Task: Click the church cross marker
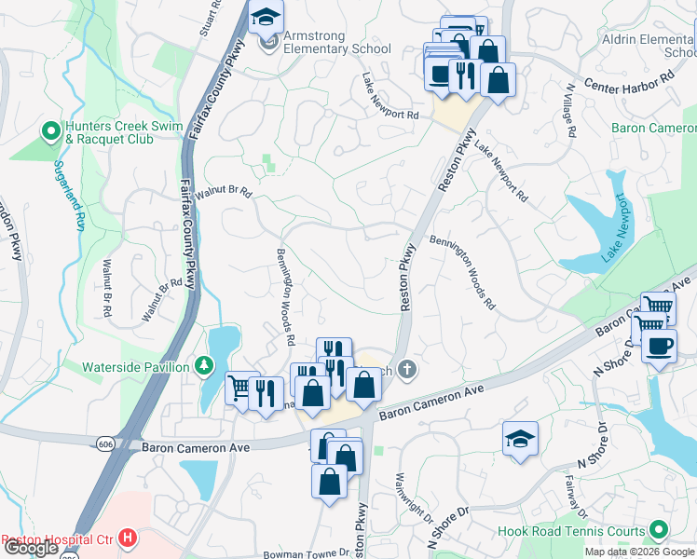click(x=405, y=370)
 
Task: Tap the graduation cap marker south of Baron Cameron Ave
click(x=520, y=439)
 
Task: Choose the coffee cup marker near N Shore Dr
click(x=660, y=346)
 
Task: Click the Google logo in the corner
click(x=31, y=548)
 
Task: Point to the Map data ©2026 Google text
click(x=639, y=552)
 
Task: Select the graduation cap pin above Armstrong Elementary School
click(x=266, y=18)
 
